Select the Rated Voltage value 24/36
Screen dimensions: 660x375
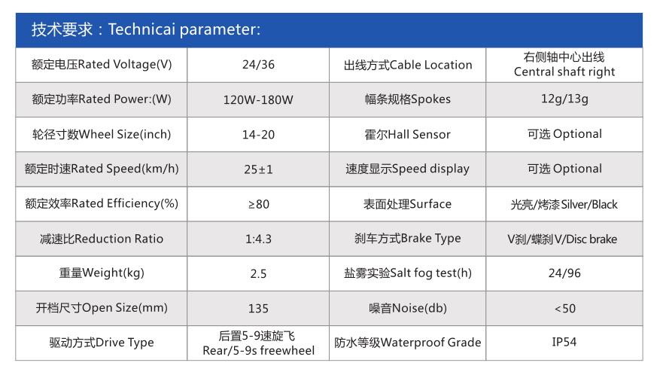258,65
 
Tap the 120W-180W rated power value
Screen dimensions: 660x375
258,99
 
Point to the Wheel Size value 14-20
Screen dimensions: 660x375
258,134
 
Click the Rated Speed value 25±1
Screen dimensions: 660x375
258,169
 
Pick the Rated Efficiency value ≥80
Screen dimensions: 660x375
258,204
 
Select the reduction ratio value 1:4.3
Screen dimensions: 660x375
258,239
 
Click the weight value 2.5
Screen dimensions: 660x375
258,274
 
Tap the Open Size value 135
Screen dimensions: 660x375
258,309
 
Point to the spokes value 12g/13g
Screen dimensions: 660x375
564,99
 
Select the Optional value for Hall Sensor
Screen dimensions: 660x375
564,134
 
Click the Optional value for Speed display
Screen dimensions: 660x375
564,169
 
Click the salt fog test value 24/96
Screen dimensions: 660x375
564,273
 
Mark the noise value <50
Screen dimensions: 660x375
564,309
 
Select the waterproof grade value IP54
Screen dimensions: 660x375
564,342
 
